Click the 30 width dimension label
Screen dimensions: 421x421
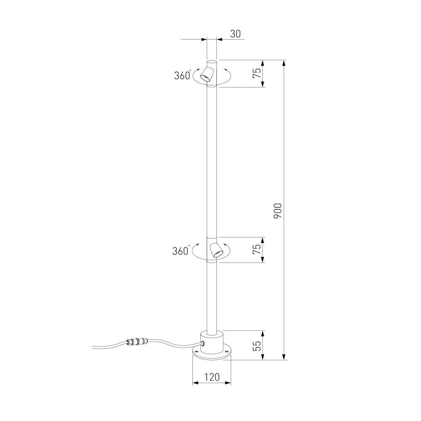pyautogui.click(x=235, y=34)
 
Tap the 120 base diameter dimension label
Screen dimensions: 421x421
pyautogui.click(x=212, y=377)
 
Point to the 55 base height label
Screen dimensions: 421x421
pyautogui.click(x=257, y=346)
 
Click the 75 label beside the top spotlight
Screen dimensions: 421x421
pyautogui.click(x=257, y=73)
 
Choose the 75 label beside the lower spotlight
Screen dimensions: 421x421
pyautogui.click(x=257, y=249)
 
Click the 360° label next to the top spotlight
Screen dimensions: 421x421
pyautogui.click(x=183, y=75)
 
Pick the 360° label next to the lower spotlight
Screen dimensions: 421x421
pyautogui.click(x=181, y=250)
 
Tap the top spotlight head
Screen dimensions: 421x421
pyautogui.click(x=207, y=74)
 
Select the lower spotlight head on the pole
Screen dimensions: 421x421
pyautogui.click(x=216, y=250)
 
